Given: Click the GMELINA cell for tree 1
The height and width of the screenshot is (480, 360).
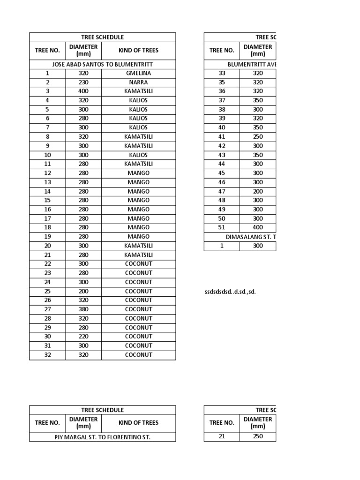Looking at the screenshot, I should point(138,73).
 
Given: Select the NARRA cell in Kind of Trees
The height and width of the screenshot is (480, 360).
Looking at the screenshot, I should point(138,82).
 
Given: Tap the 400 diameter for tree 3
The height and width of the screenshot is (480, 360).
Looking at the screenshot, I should point(83,91).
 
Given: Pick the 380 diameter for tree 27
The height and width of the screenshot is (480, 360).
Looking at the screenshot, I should point(83,309).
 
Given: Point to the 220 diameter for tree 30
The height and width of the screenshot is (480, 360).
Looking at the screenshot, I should point(83,337).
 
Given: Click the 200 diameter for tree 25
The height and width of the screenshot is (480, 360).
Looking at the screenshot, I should point(83,291).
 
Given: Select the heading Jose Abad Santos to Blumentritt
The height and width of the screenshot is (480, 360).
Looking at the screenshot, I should point(102,64).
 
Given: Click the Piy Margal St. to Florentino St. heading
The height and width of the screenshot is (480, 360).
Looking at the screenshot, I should point(102,437).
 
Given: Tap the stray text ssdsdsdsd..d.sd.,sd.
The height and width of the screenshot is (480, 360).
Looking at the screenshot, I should point(228,292).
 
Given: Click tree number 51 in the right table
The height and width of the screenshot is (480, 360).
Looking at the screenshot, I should point(222,227).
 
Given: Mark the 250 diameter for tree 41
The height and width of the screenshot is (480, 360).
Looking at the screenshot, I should point(258,136).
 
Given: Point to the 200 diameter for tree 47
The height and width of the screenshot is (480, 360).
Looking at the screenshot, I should point(258,191).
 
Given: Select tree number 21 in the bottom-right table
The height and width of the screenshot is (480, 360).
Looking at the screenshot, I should point(222,436).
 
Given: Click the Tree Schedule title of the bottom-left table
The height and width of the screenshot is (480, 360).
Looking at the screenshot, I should point(102,410).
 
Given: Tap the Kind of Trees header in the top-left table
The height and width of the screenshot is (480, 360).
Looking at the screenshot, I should point(138,51).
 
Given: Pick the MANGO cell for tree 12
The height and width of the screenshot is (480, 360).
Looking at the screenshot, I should point(138,173).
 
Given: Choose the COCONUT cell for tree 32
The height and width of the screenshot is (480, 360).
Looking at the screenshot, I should point(138,355).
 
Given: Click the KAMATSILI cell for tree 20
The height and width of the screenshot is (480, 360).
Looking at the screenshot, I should point(138,246).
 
